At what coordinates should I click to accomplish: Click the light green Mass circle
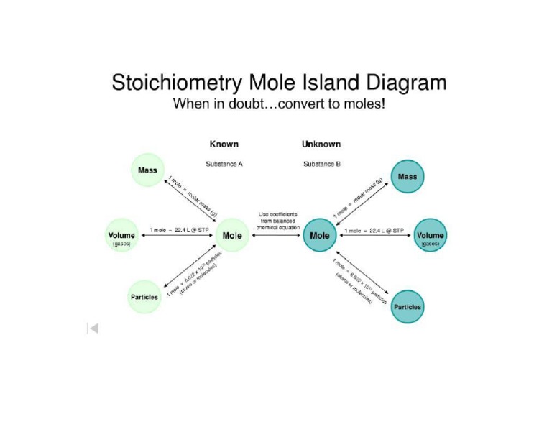(x=147, y=171)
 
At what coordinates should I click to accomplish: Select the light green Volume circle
(x=121, y=235)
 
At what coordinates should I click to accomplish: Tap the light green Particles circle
(x=144, y=297)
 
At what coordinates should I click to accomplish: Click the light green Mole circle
(x=232, y=235)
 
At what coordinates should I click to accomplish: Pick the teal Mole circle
(x=319, y=235)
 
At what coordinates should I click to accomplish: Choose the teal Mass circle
(x=407, y=177)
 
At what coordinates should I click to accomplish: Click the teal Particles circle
(x=408, y=306)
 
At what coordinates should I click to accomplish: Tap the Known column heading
(x=224, y=144)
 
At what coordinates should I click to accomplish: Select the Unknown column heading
(x=321, y=144)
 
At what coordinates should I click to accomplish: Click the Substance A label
(x=224, y=164)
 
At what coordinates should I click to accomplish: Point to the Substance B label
(x=322, y=164)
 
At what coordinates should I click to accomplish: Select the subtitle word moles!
(x=365, y=104)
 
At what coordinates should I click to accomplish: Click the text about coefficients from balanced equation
(x=276, y=220)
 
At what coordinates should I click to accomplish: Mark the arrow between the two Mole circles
(x=276, y=236)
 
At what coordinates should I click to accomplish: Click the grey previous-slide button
(x=93, y=329)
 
